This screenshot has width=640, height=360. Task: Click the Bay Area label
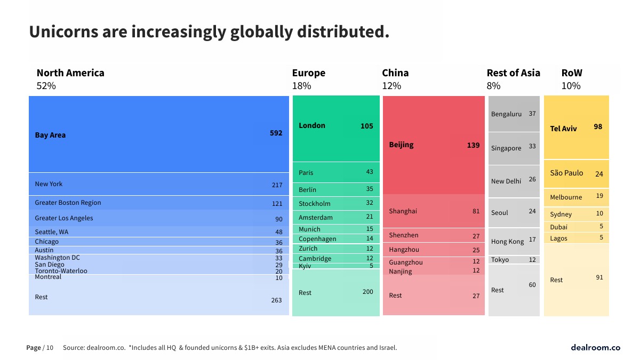click(x=50, y=135)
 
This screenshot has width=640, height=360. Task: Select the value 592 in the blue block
click(x=276, y=133)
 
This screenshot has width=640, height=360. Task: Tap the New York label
click(x=49, y=184)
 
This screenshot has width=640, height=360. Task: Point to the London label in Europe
click(x=311, y=126)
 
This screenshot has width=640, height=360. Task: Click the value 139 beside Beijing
click(x=473, y=145)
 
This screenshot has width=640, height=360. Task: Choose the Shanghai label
click(x=403, y=211)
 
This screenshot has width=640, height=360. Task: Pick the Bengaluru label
click(x=506, y=114)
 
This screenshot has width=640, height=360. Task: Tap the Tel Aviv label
click(x=563, y=129)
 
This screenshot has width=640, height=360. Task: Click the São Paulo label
click(x=566, y=173)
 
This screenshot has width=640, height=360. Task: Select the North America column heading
click(x=70, y=73)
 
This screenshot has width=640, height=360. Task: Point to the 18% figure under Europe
click(x=301, y=86)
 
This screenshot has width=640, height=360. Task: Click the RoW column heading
click(x=572, y=73)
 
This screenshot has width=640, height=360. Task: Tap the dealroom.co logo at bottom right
click(x=595, y=348)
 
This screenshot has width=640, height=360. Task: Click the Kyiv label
click(x=305, y=266)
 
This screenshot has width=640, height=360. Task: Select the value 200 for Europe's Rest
click(x=367, y=292)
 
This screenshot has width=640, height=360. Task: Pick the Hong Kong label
click(x=507, y=242)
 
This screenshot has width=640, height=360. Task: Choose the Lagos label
click(x=558, y=238)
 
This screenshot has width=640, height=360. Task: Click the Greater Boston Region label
click(x=68, y=203)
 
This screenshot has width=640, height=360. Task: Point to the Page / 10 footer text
click(x=40, y=348)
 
